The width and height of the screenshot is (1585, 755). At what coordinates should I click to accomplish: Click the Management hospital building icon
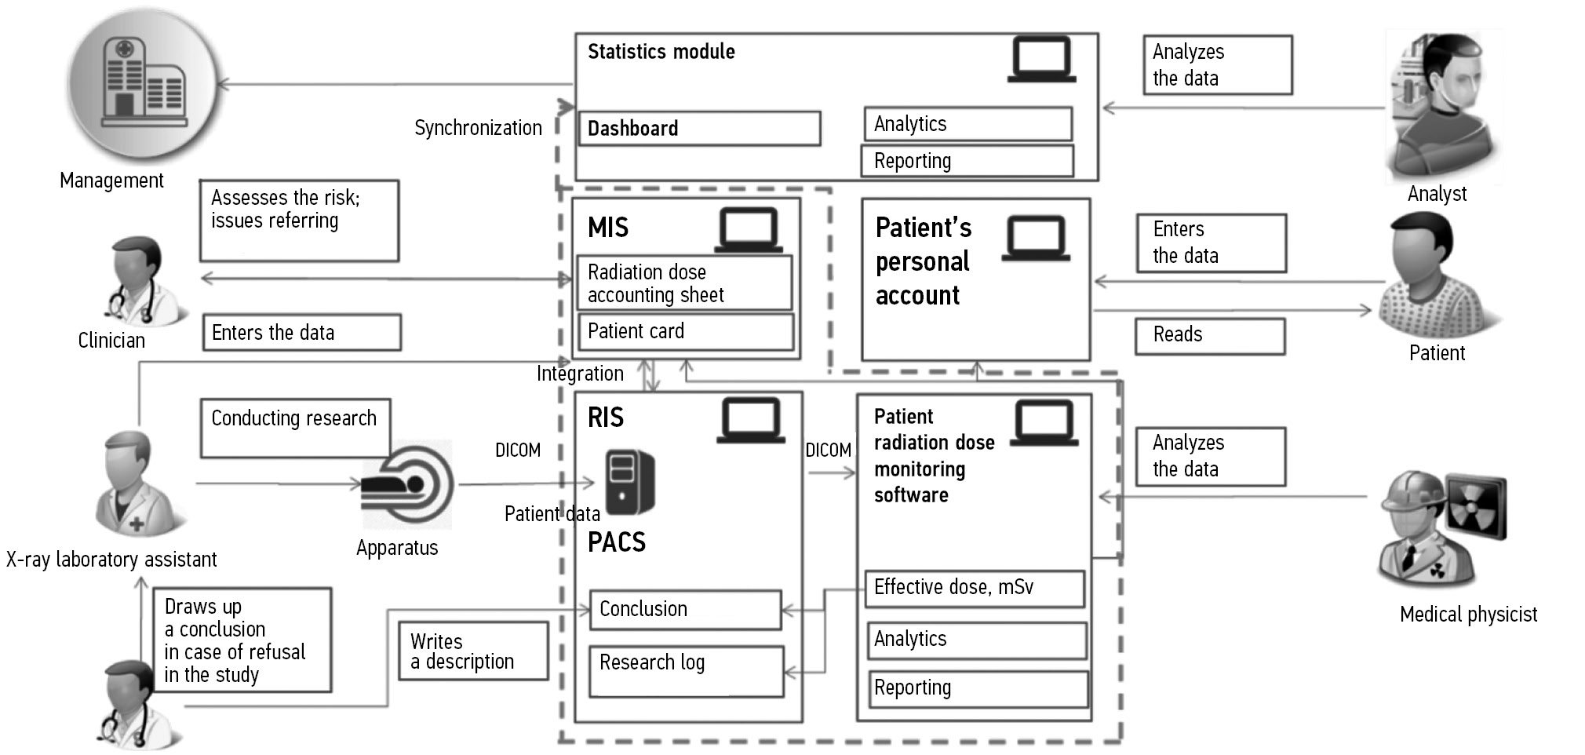(x=144, y=83)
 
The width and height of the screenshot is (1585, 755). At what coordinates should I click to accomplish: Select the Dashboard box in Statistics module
(x=699, y=129)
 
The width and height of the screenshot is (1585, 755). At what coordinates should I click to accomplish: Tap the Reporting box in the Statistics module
(x=967, y=161)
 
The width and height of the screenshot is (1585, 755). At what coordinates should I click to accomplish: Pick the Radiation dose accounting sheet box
(x=684, y=283)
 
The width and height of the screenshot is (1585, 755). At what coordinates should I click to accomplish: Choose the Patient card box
(x=685, y=332)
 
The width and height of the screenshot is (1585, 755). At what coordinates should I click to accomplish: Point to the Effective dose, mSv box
(x=974, y=588)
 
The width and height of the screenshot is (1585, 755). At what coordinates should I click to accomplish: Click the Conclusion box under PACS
(x=685, y=610)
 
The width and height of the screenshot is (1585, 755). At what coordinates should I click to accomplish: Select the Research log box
(x=686, y=671)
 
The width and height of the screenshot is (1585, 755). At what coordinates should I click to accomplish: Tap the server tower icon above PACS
(x=629, y=482)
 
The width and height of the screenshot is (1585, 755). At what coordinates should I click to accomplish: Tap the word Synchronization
(x=478, y=128)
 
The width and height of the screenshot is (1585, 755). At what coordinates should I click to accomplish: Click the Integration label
(x=580, y=374)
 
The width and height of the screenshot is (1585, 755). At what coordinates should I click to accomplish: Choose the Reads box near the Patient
(x=1209, y=336)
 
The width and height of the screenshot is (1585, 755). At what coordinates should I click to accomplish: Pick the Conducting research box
(x=295, y=428)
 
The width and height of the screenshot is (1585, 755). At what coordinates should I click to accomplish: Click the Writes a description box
(x=472, y=651)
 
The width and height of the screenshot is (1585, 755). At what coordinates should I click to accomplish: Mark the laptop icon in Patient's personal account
(x=1036, y=239)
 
